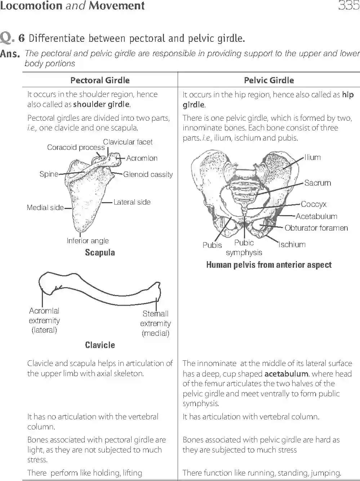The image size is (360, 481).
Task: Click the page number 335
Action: point(348,6)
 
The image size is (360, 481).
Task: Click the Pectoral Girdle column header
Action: point(100,80)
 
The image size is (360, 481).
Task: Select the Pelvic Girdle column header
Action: point(269,80)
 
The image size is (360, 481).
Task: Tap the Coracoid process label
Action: point(76,147)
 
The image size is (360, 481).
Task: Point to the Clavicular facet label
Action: point(128,142)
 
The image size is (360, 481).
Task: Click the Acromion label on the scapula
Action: point(142,158)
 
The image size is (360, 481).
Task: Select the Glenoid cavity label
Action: point(148,174)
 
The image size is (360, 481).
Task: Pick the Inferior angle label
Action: point(88,241)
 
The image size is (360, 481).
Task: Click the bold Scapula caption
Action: point(100,253)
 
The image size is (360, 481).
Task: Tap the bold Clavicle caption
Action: point(100,345)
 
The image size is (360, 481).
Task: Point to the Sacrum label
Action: point(317,183)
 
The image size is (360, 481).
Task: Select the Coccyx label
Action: point(314,204)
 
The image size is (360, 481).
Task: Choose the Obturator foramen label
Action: point(316,228)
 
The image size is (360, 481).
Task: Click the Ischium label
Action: point(292,245)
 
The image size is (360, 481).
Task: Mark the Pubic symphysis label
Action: point(244,248)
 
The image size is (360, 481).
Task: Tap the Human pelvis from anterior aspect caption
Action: point(269,265)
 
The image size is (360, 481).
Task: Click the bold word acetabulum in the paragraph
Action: point(286,374)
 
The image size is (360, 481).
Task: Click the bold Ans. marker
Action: point(10,54)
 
